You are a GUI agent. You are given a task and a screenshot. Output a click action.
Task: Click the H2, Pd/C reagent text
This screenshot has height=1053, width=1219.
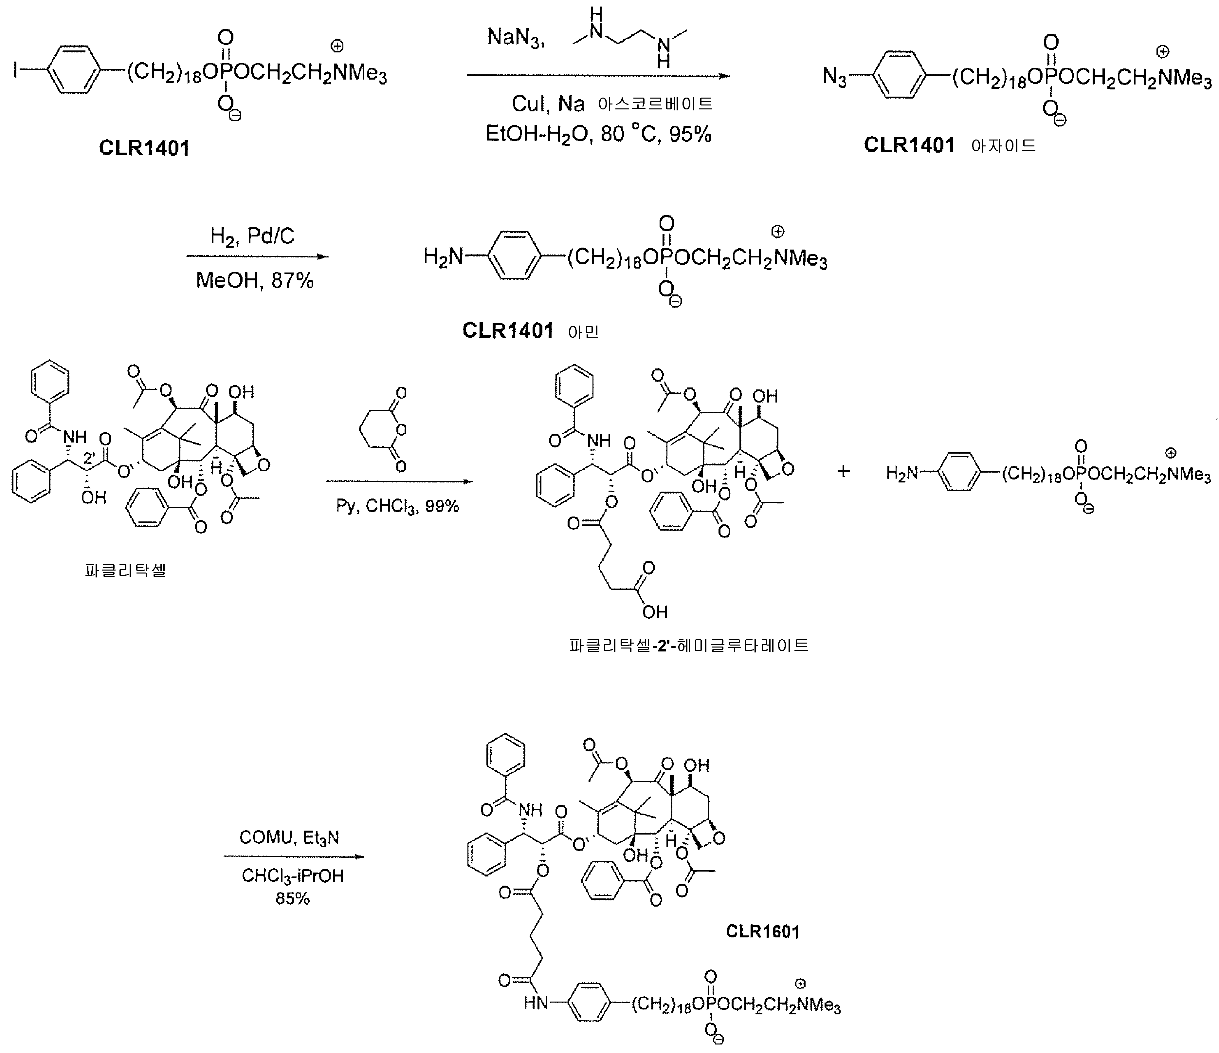[252, 236]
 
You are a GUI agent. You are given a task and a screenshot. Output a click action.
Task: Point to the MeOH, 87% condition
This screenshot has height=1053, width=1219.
[255, 280]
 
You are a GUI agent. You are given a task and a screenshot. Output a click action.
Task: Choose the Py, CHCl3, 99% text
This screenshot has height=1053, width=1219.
[398, 506]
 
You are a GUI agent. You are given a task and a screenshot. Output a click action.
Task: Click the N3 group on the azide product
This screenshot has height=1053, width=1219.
[835, 77]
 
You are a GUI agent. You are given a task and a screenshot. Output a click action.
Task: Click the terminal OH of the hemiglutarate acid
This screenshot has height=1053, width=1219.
[655, 612]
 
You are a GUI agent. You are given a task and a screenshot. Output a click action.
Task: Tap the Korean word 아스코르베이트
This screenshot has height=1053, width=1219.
[655, 104]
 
